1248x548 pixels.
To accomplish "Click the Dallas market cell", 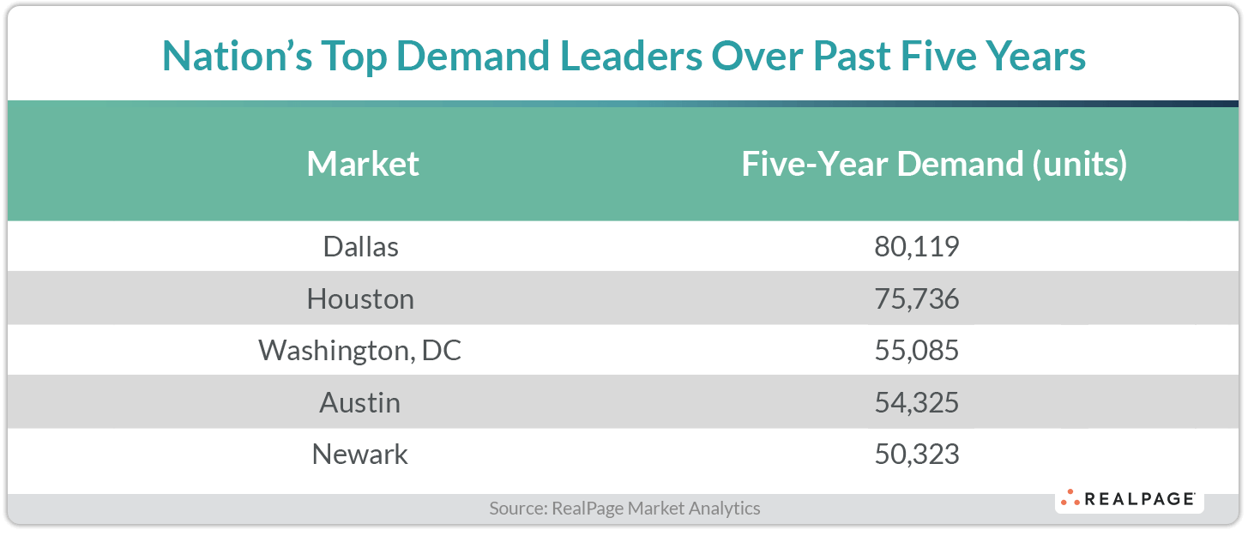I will (x=360, y=247).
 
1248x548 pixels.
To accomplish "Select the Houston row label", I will (x=360, y=298).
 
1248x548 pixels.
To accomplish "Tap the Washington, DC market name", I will (x=360, y=351).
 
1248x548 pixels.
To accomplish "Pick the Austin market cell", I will (x=360, y=402).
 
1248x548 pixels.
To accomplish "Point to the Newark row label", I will (x=360, y=454).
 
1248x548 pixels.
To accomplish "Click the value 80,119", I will (x=916, y=247).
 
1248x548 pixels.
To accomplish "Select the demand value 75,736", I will (x=916, y=298).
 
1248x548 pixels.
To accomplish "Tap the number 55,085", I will (x=916, y=351).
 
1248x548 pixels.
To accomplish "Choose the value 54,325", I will (x=916, y=402).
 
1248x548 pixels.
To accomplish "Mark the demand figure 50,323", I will (x=916, y=454).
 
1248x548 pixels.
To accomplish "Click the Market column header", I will (x=363, y=164).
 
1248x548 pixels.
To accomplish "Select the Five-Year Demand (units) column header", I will (x=934, y=164).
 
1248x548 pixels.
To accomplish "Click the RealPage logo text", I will (x=1140, y=499).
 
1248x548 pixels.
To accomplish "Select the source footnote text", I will (x=624, y=508).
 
